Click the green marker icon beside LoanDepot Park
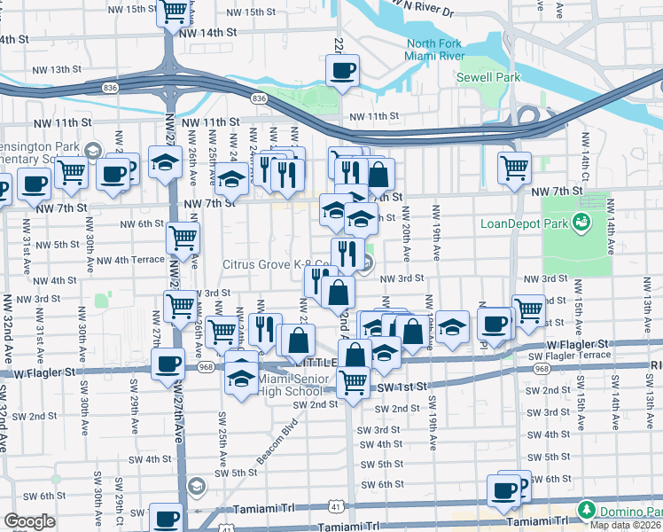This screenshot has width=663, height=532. [582, 221]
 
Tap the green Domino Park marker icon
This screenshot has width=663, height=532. [586, 510]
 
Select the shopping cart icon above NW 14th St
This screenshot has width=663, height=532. [173, 12]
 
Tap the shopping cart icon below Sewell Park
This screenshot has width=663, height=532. [513, 166]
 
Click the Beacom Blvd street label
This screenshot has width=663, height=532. [277, 431]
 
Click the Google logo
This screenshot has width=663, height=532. [29, 521]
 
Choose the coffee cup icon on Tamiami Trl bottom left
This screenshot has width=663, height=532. [166, 517]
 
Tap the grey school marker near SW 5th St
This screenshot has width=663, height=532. [196, 485]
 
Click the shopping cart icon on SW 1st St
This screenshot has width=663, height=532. [353, 381]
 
